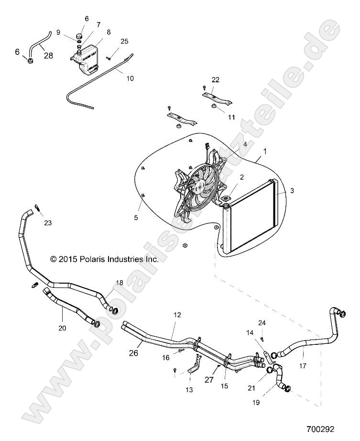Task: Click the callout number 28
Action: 48,55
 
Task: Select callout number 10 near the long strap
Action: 130,78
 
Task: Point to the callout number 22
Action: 216,79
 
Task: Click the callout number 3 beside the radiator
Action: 292,190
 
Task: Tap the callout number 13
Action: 189,390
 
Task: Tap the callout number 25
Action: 124,42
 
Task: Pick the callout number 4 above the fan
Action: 245,143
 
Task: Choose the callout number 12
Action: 177,315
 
